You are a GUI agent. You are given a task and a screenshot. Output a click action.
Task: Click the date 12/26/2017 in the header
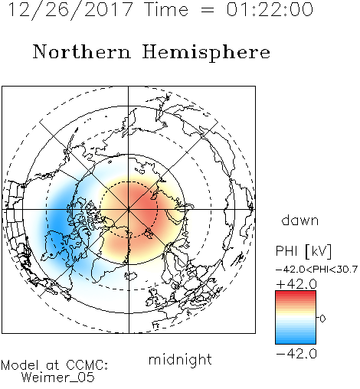pos(70,10)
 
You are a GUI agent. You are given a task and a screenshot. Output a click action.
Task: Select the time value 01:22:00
pos(270,9)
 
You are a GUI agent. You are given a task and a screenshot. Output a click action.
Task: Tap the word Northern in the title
pos(82,52)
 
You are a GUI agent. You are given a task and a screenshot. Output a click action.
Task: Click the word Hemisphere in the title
pos(206,53)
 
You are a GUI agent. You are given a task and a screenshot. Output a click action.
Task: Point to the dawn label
pos(300,220)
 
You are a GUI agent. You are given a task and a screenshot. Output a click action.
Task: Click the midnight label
pos(180,360)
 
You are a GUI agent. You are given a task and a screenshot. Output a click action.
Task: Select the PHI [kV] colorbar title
pos(303,251)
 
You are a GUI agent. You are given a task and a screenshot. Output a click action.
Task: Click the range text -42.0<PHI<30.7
pos(316,270)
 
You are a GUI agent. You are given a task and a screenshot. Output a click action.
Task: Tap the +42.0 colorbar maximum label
pos(296,284)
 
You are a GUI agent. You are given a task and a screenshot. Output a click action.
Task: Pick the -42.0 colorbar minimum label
pos(296,354)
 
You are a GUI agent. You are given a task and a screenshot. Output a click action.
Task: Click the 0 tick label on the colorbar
pos(322,319)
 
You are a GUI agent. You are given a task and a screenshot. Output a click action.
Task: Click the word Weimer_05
pos(58,377)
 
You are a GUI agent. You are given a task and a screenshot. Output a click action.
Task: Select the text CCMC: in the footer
pos(87,365)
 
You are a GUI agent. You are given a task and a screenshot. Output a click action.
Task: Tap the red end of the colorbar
pos(296,293)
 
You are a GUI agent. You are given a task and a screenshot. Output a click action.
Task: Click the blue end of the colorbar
pos(296,341)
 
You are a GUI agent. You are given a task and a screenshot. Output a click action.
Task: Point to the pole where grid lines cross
pos(129,210)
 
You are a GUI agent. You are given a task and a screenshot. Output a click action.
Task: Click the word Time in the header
pos(166,9)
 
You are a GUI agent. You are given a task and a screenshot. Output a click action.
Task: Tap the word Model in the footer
pos(20,365)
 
